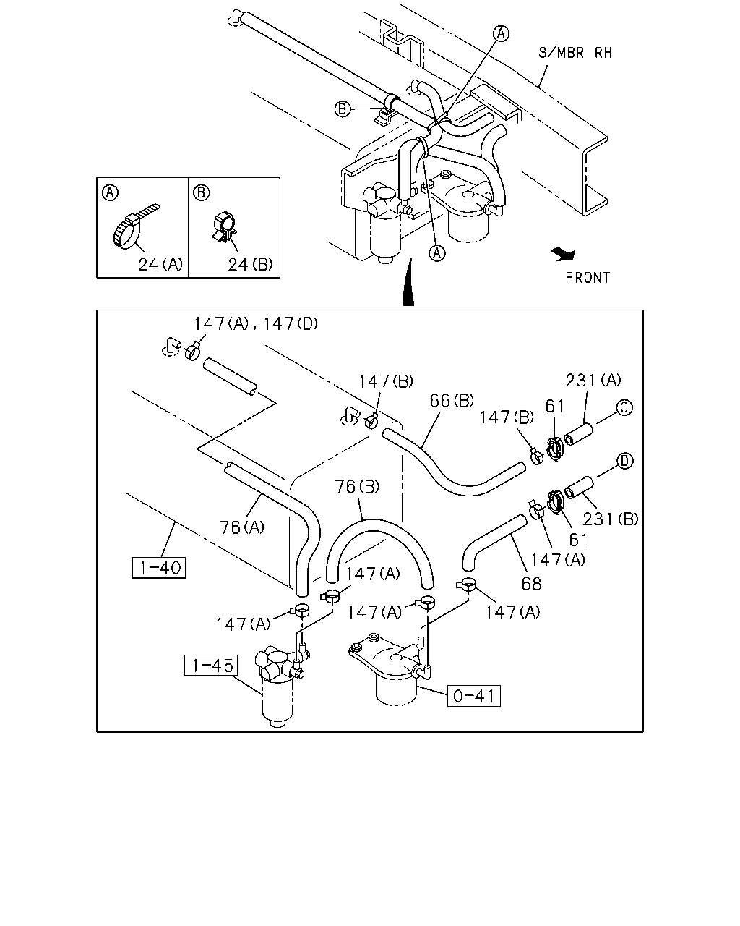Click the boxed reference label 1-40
point(159,568)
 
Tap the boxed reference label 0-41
point(474,695)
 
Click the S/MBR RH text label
point(575,53)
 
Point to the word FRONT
point(588,278)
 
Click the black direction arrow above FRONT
point(563,254)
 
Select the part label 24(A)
point(160,264)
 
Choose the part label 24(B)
point(250,264)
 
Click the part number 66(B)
point(452,401)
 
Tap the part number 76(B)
point(357,486)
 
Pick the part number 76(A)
point(241,527)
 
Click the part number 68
point(531,584)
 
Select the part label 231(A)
point(593,380)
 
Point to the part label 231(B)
point(610,519)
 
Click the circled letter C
point(624,407)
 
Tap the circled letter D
point(625,461)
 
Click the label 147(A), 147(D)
point(256,323)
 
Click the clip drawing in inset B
point(225,226)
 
